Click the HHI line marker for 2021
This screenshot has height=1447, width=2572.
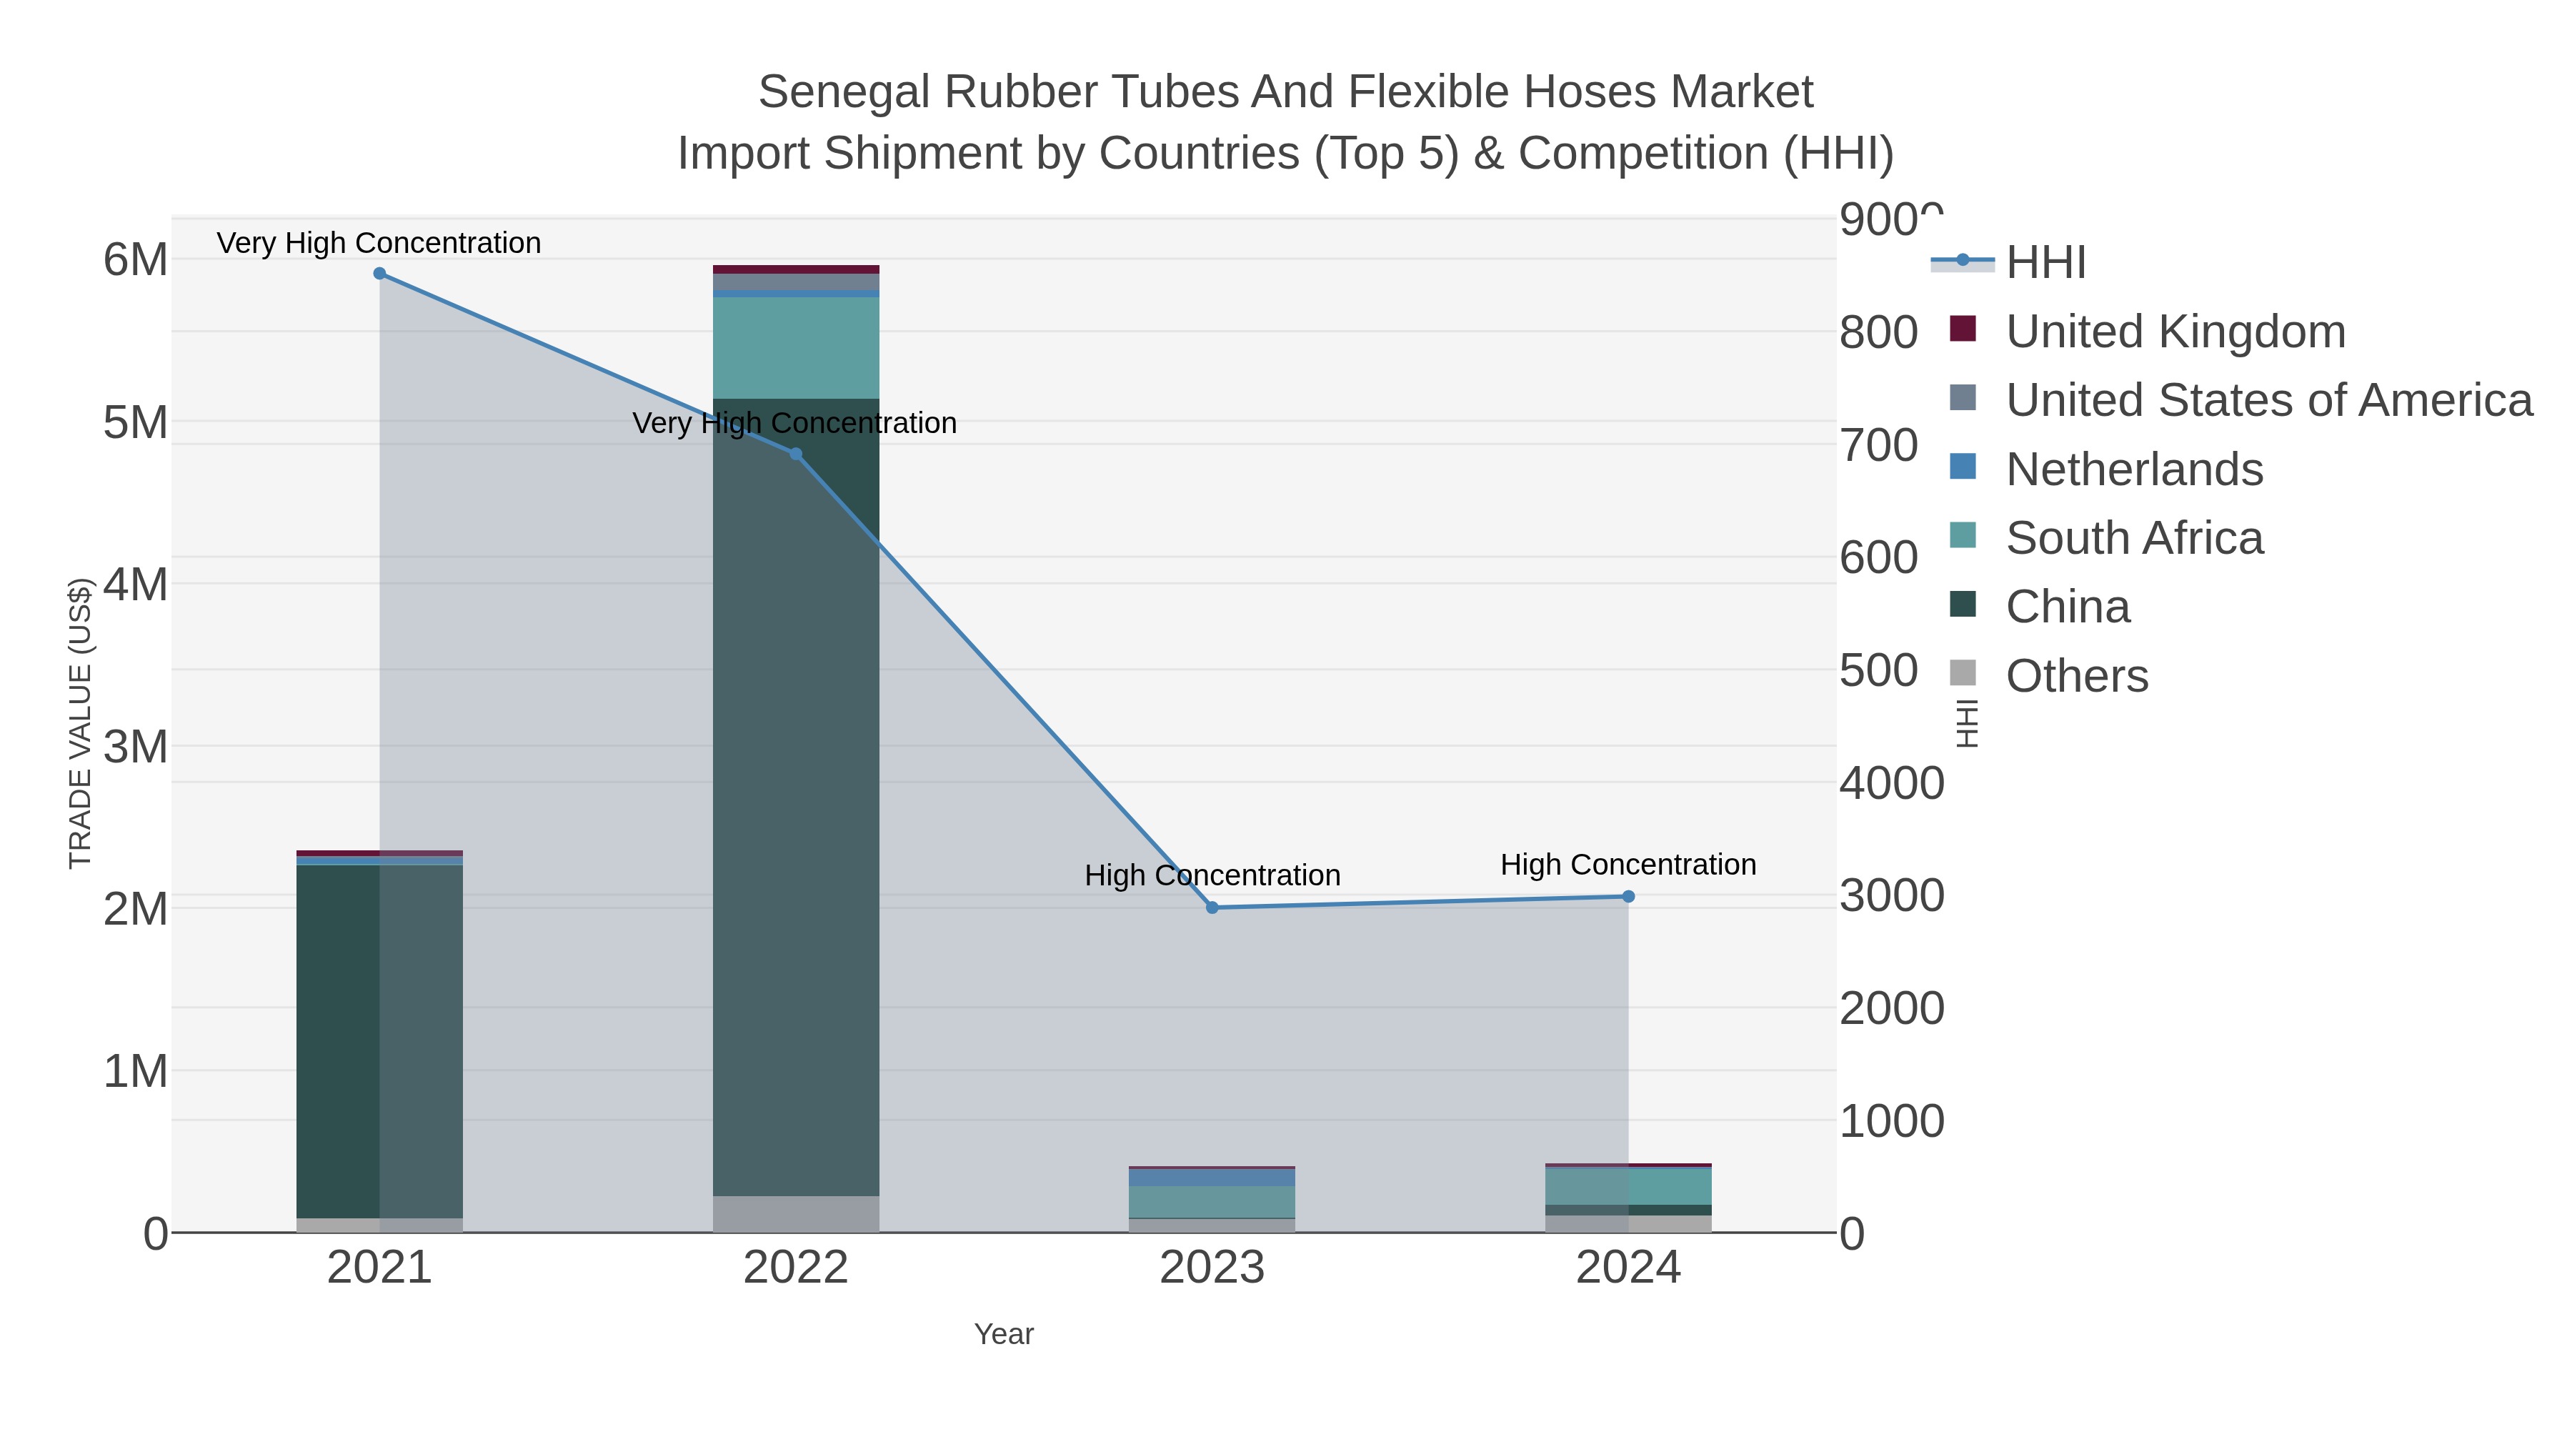click(x=379, y=274)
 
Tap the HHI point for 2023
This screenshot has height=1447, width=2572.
click(x=1212, y=908)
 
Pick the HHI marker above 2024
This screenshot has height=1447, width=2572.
click(x=1628, y=897)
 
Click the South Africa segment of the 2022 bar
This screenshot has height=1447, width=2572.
click(x=796, y=347)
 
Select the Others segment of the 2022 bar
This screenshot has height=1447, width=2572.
click(x=796, y=1213)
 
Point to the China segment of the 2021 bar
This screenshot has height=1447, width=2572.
click(x=379, y=1038)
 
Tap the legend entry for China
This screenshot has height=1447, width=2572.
click(x=2067, y=607)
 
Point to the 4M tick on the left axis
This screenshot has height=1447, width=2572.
click(x=136, y=585)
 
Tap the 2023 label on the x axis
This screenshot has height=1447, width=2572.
click(x=1212, y=1268)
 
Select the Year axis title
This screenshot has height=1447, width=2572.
click(x=1004, y=1334)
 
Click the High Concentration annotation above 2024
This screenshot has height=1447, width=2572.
click(x=1628, y=865)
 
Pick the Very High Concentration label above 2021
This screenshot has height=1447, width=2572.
click(x=379, y=243)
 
